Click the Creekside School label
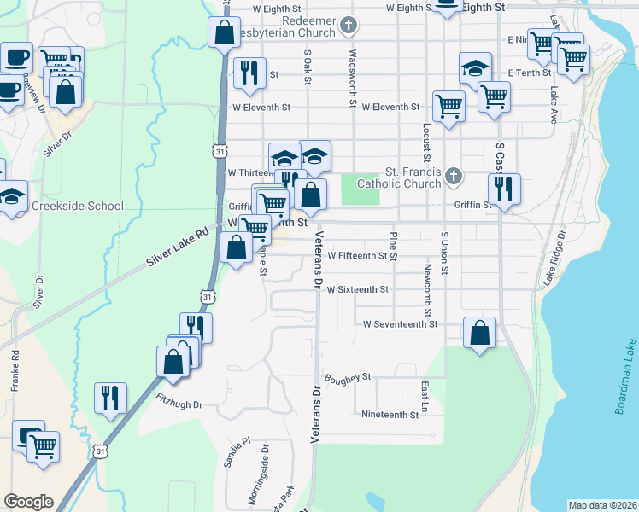(x=78, y=206)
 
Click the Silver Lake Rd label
(x=178, y=247)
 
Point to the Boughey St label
(x=347, y=376)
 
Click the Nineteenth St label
(x=390, y=415)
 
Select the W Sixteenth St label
(x=357, y=289)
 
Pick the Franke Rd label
(x=15, y=370)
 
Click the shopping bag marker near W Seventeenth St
(x=480, y=332)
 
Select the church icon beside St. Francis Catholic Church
(x=454, y=177)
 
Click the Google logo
(x=28, y=502)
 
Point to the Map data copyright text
(x=602, y=505)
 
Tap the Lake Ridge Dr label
(x=552, y=257)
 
